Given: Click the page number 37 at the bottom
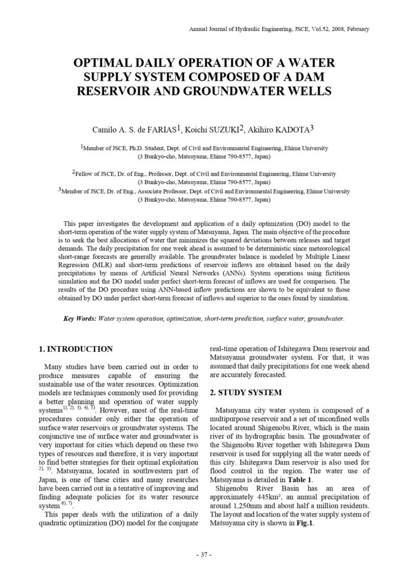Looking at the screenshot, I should [x=203, y=555].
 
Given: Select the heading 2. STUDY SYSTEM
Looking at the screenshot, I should [x=246, y=392].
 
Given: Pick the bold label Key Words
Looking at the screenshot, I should [x=79, y=319].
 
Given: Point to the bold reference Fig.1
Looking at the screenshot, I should [x=303, y=523].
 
